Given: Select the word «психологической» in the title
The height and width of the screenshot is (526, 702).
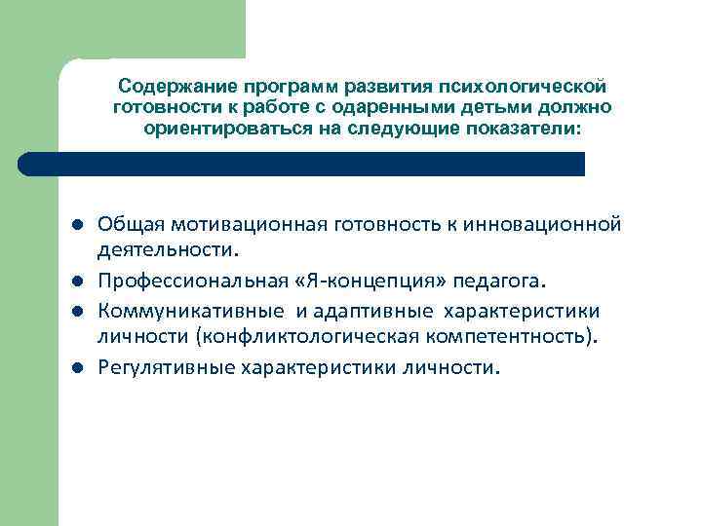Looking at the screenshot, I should point(537,89).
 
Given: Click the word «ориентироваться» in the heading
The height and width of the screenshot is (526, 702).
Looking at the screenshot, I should point(219,128).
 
